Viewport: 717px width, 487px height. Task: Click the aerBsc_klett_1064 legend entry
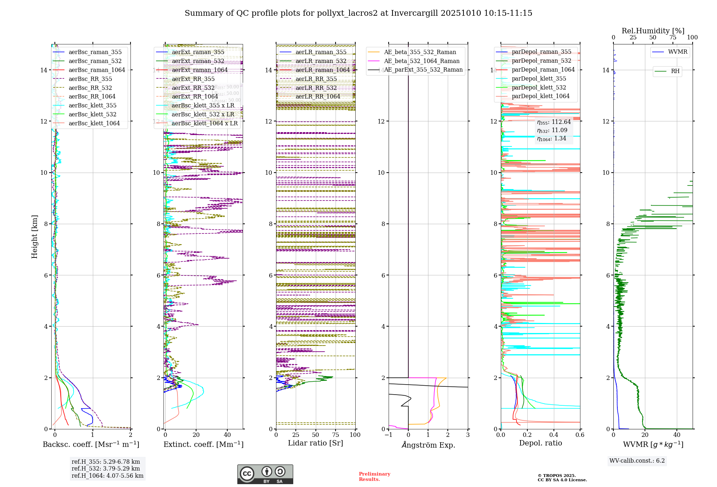pos(94,123)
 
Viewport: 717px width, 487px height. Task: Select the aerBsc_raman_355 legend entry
pos(95,52)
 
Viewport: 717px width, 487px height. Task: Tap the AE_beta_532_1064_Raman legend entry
pos(422,61)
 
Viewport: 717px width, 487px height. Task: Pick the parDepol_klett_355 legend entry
pos(539,79)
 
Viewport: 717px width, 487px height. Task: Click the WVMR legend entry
pos(678,52)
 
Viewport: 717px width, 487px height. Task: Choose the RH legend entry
pos(675,71)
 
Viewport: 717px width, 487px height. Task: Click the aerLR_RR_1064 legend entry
pos(318,97)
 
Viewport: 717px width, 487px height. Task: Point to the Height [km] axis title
pos(34,237)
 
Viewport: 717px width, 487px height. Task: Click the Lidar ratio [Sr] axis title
pos(315,443)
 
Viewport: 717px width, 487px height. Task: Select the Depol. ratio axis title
pos(540,443)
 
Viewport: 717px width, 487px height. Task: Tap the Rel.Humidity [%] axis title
pos(653,31)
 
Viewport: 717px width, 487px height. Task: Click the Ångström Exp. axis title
pos(428,445)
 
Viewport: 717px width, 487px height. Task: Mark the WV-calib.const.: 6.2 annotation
pos(637,461)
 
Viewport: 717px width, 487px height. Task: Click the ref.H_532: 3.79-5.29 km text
pos(106,469)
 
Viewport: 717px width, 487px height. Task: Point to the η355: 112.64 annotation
pos(554,122)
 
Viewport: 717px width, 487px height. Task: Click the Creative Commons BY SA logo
pos(265,474)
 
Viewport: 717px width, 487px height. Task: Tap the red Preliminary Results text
pos(374,477)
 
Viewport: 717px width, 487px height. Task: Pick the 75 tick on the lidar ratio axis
pos(336,435)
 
